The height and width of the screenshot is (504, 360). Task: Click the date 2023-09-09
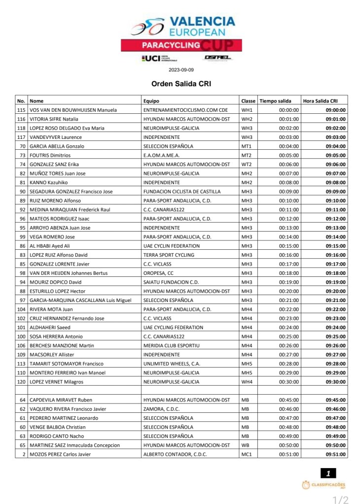tap(181, 70)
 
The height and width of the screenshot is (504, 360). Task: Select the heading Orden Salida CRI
tap(181, 84)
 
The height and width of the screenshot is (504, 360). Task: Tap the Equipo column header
tap(151, 101)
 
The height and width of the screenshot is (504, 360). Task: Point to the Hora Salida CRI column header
tap(320, 101)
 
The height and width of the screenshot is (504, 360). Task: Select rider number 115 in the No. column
tap(21, 110)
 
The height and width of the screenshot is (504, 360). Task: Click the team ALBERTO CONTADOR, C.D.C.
tap(175, 454)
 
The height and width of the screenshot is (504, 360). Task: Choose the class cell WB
tap(245, 445)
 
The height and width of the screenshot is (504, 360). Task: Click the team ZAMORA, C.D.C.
tap(160, 409)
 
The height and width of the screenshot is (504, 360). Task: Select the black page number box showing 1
tap(328, 474)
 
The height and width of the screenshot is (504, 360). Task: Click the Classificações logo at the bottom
tap(324, 486)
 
